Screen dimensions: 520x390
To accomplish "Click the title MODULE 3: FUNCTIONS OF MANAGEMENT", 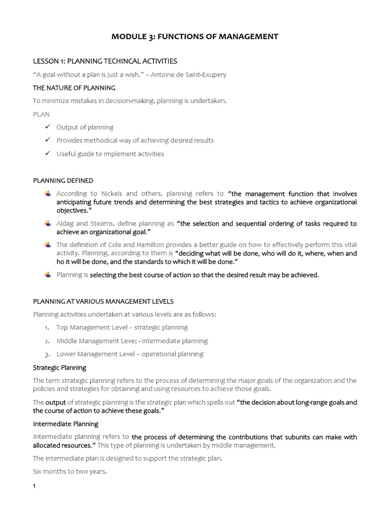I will (195, 37).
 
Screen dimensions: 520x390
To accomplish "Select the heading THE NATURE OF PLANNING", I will (74, 88).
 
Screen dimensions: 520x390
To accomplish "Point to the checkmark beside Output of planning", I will (47, 127).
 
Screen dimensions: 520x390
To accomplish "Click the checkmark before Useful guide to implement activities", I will (47, 153).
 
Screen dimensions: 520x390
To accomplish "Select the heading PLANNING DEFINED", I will (63, 180).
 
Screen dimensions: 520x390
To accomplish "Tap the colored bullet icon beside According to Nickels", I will (48, 193).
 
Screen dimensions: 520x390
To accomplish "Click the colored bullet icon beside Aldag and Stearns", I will (48, 223).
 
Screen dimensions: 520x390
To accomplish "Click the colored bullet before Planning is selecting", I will (48, 275).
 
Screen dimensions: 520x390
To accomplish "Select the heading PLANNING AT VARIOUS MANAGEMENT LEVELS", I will (103, 301).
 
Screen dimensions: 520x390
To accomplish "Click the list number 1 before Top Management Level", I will (47, 328).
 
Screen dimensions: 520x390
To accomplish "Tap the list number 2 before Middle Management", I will (47, 341).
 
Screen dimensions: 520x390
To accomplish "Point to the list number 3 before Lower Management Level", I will (47, 354).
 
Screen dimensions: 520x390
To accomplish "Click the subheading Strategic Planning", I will (59, 367).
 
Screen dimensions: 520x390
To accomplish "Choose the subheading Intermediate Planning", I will (66, 424).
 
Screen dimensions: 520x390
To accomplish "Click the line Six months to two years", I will (70, 471).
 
